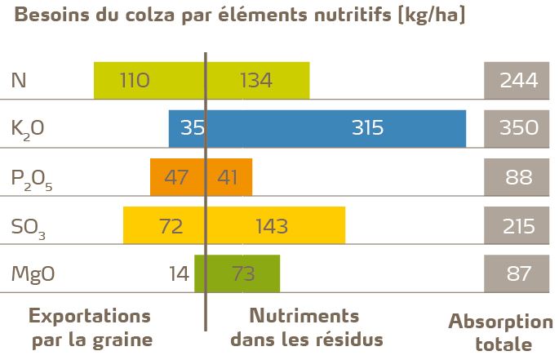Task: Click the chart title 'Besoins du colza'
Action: pyautogui.click(x=237, y=16)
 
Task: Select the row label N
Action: pyautogui.click(x=19, y=80)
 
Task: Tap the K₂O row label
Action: pyautogui.click(x=28, y=129)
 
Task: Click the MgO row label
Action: pyautogui.click(x=33, y=274)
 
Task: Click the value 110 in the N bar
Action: pyautogui.click(x=135, y=80)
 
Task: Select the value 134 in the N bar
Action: pyautogui.click(x=256, y=80)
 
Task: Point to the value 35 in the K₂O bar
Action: pyautogui.click(x=193, y=128)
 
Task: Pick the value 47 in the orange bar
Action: pyautogui.click(x=176, y=177)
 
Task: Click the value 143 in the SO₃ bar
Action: pyautogui.click(x=271, y=225)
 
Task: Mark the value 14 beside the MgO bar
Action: pyautogui.click(x=180, y=274)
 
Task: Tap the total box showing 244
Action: pyautogui.click(x=517, y=80)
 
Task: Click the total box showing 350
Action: pyautogui.click(x=517, y=128)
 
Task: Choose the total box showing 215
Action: pyautogui.click(x=517, y=225)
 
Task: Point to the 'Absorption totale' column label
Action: pyautogui.click(x=500, y=331)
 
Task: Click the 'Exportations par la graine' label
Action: pyautogui.click(x=91, y=327)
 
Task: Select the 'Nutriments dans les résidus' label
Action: pyautogui.click(x=306, y=327)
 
